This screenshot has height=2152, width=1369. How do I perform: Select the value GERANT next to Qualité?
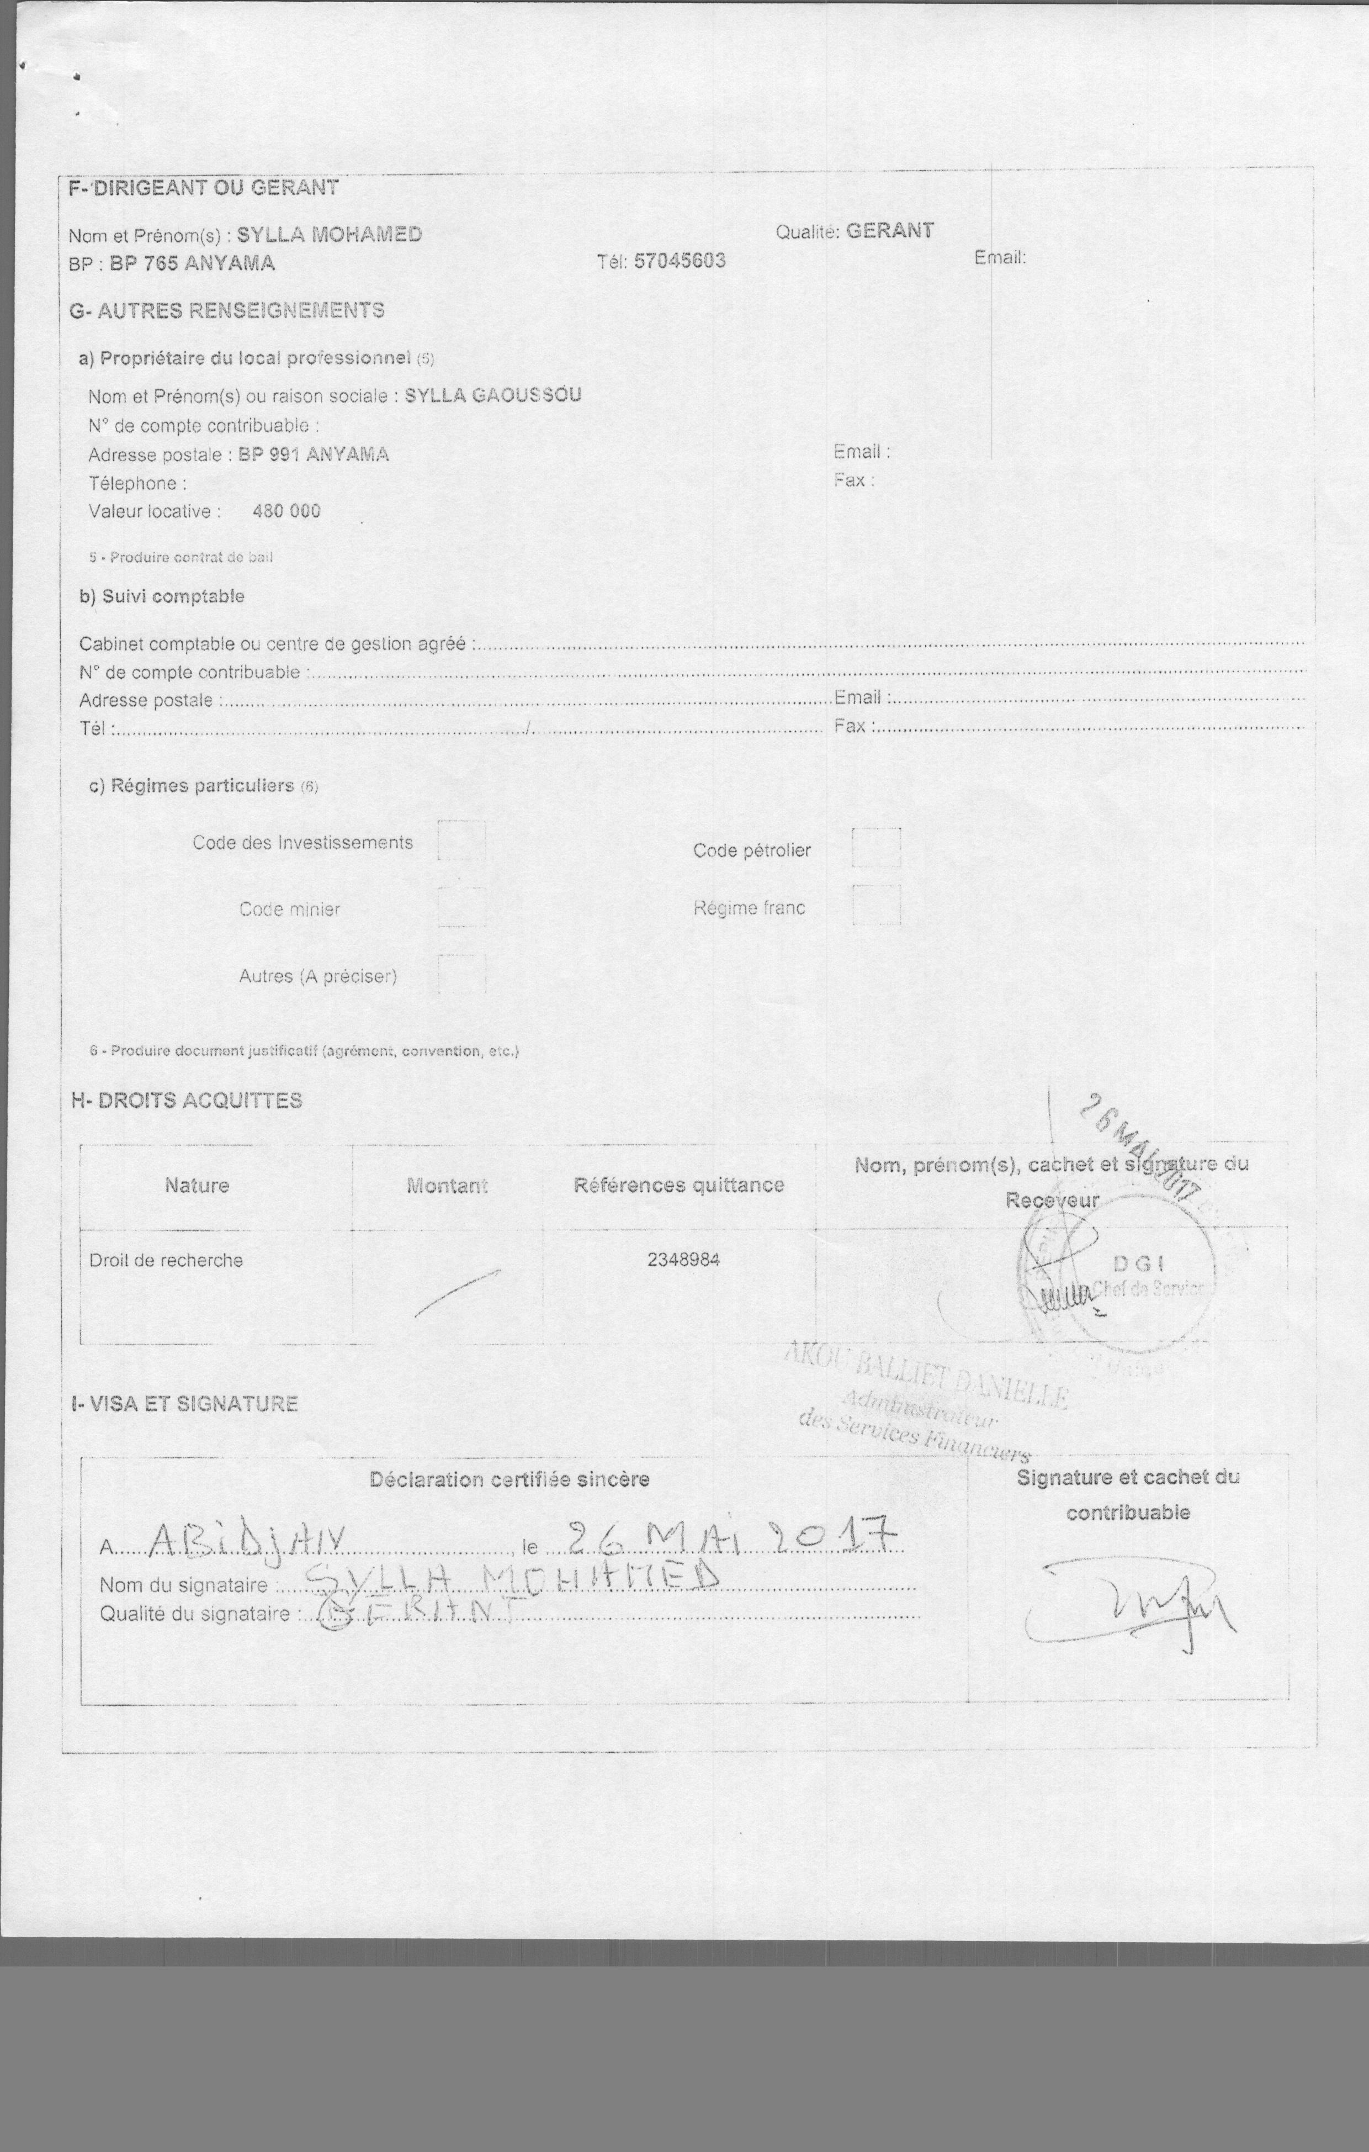(x=889, y=231)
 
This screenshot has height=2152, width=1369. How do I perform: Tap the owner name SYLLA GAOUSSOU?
(x=494, y=395)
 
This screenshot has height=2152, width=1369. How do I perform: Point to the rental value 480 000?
(x=286, y=511)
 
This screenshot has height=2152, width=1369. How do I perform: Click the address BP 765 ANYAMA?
(x=192, y=263)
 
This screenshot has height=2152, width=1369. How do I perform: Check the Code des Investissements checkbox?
(x=461, y=842)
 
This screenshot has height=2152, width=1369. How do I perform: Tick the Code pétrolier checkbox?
(x=875, y=847)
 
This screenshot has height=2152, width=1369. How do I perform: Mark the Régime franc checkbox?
(x=875, y=905)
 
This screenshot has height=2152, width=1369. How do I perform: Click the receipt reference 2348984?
(x=683, y=1260)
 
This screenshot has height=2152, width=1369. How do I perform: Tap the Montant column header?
(x=447, y=1186)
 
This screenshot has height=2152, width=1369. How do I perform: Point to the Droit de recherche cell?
(x=166, y=1260)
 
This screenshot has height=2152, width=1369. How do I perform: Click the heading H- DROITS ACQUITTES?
(x=187, y=1100)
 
